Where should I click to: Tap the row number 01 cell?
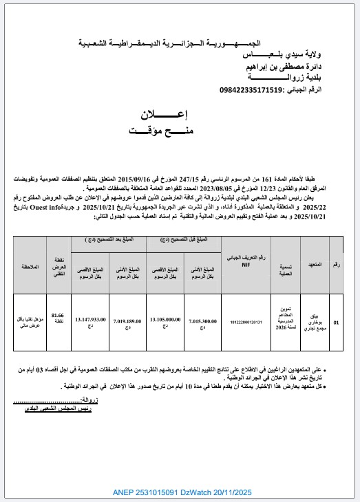pyautogui.click(x=336, y=320)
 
